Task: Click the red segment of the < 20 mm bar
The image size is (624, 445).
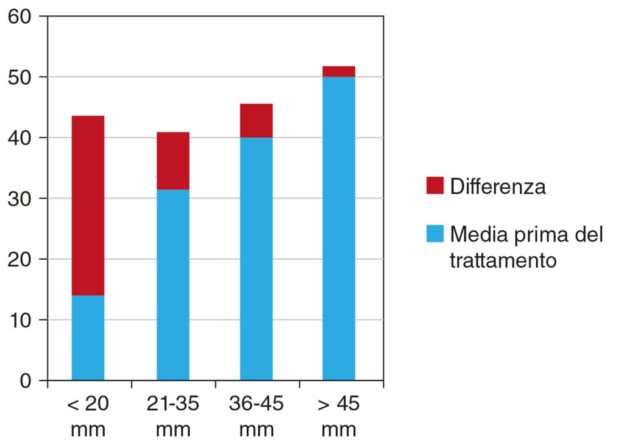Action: point(88,205)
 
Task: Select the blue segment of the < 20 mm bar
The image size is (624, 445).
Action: point(88,338)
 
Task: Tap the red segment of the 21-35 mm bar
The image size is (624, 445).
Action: point(173,161)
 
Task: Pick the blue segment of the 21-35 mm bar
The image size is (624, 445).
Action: point(173,285)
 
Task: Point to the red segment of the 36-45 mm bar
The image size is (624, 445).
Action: point(256,121)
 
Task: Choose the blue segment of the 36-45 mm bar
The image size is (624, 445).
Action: point(256,258)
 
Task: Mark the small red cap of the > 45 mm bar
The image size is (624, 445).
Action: point(339,71)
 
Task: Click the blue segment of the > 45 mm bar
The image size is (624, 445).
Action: point(339,228)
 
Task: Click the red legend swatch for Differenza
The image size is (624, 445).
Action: point(434,186)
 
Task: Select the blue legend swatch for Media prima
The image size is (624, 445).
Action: point(434,233)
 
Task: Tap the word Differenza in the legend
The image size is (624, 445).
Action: point(498,186)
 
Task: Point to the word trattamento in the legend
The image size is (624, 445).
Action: point(503,260)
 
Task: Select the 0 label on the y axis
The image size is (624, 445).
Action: point(25,381)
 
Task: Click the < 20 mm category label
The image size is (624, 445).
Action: point(88,416)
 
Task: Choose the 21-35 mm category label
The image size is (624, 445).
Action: point(173,416)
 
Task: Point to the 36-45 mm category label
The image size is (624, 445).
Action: point(256,416)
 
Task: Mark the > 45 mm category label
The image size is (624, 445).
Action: point(339,416)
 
